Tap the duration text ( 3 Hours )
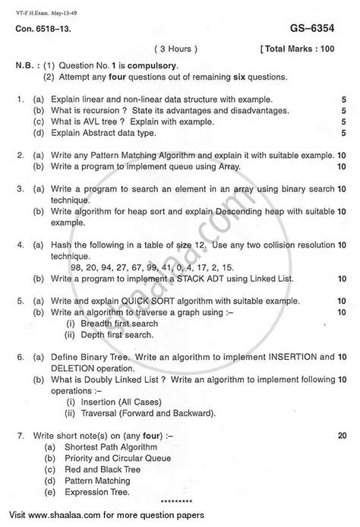coord(176,48)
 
